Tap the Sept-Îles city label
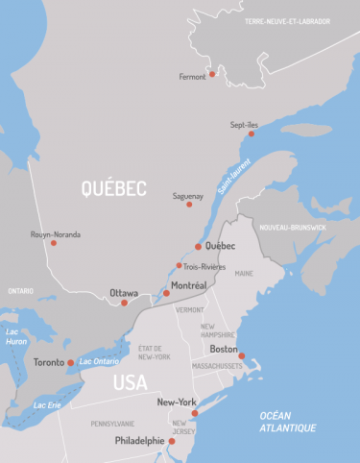click(x=245, y=124)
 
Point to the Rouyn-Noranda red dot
click(x=54, y=243)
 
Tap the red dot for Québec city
click(x=199, y=246)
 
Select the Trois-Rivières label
click(x=204, y=266)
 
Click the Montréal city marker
click(x=166, y=293)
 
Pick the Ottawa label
click(x=124, y=292)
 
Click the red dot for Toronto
click(x=71, y=363)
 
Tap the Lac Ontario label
click(x=100, y=361)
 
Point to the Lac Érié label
click(x=48, y=405)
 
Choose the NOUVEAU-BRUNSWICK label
click(x=293, y=227)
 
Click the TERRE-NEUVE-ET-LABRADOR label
click(x=301, y=20)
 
